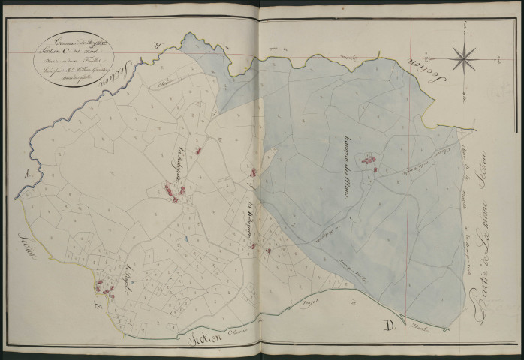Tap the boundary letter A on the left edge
pos(28,174)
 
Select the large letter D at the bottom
pos(390,326)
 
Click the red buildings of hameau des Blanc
pos(369,160)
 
